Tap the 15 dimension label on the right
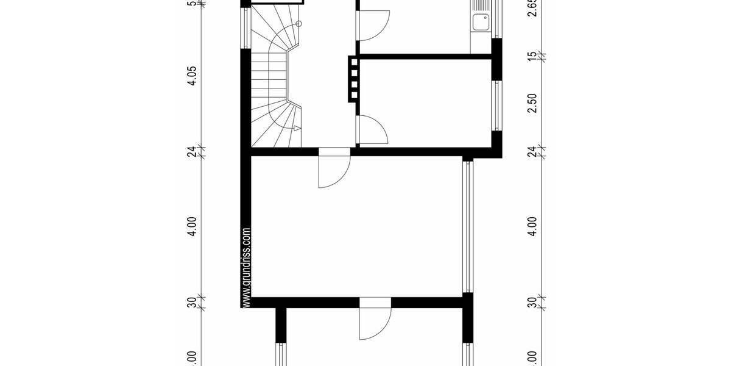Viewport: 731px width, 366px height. click(532, 56)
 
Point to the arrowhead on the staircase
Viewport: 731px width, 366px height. click(297, 128)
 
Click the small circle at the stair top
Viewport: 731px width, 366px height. click(298, 24)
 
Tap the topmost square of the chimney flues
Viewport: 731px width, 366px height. click(354, 62)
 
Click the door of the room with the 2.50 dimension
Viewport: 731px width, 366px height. click(372, 130)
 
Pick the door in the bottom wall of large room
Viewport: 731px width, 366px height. click(375, 320)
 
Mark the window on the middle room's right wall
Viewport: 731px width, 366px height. click(497, 105)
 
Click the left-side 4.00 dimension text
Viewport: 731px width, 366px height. click(192, 226)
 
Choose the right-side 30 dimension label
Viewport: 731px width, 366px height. click(532, 301)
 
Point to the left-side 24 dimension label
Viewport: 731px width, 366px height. click(192, 151)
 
